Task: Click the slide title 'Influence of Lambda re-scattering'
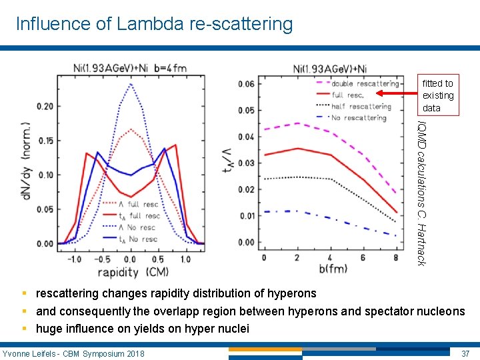(154, 25)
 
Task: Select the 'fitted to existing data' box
(438, 95)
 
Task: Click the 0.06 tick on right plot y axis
(246, 84)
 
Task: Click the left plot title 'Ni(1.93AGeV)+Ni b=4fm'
(131, 68)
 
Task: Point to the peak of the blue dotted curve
(130, 84)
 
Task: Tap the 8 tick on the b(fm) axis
(397, 257)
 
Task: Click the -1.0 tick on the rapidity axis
(75, 258)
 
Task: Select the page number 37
(465, 353)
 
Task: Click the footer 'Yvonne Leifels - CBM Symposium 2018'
(73, 353)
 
